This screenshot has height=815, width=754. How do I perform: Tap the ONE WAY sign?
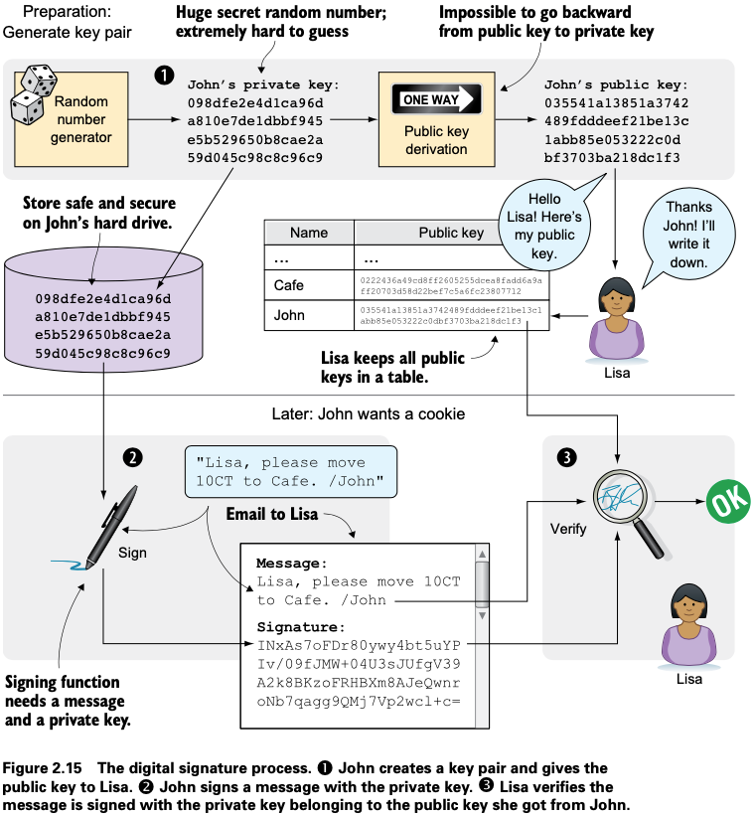(x=437, y=100)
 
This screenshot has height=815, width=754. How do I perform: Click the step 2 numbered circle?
(x=131, y=456)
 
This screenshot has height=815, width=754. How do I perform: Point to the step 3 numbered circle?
(x=566, y=457)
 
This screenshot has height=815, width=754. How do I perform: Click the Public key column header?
(x=451, y=233)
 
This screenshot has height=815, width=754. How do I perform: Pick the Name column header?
(x=308, y=233)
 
